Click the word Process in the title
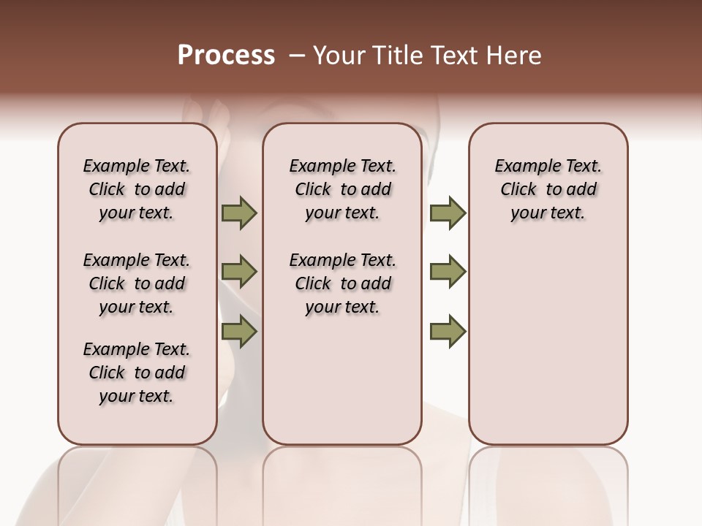[226, 56]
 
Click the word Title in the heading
[392, 56]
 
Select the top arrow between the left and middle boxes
[239, 213]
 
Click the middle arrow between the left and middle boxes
[239, 272]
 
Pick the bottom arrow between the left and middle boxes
[239, 332]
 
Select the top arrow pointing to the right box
[448, 213]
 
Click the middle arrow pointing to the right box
[448, 272]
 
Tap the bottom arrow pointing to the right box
[448, 332]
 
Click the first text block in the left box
[137, 189]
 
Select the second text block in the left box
[137, 283]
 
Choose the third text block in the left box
[137, 373]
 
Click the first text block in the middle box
[342, 189]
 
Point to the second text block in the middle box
[342, 283]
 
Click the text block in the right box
[548, 189]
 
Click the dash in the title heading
[297, 56]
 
